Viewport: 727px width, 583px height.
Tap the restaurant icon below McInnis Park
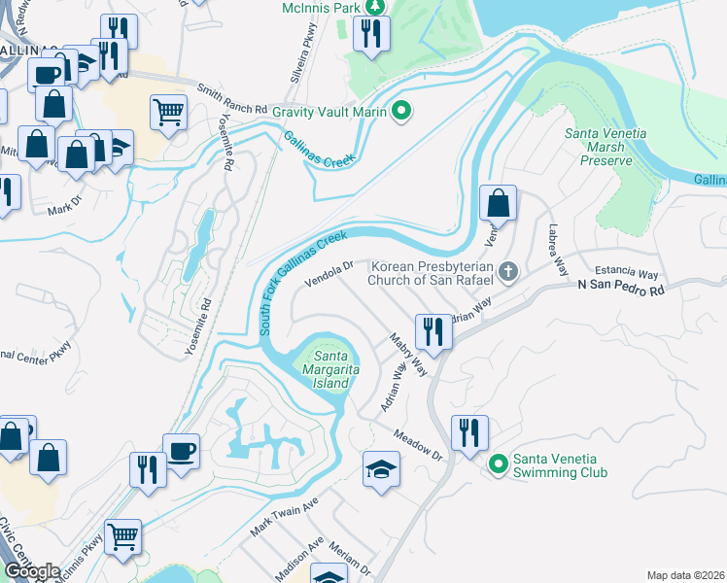370,34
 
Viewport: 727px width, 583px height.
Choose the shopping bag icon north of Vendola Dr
498,203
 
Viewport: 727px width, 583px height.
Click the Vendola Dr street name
328,270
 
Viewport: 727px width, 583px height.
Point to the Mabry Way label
409,357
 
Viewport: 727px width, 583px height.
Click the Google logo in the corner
33,571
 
